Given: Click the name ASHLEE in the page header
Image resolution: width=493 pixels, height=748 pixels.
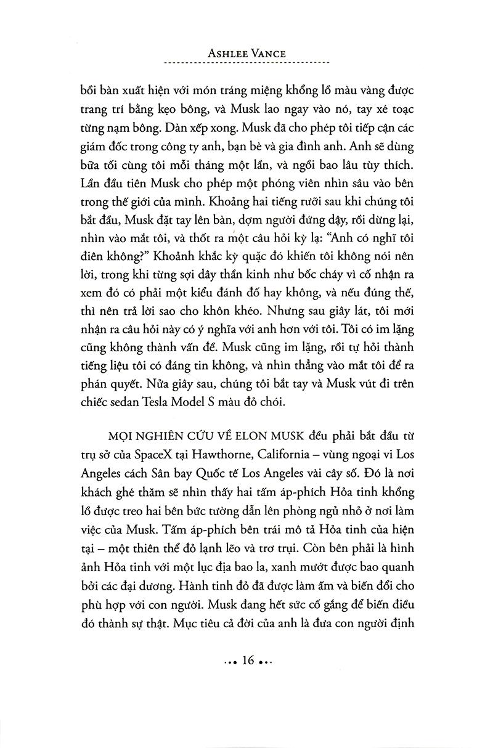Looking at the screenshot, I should pos(227,54).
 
